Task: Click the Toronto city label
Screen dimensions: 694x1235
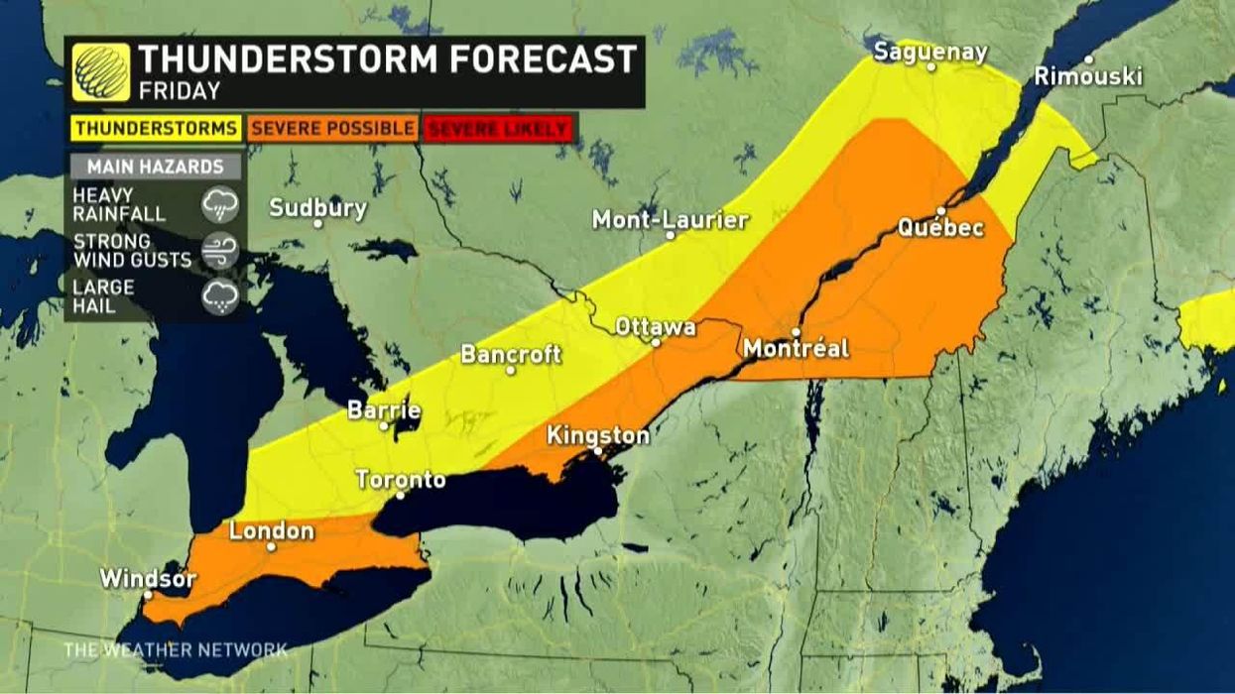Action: point(401,480)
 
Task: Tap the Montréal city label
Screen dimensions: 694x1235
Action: point(796,348)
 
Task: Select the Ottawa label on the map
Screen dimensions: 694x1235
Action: point(656,326)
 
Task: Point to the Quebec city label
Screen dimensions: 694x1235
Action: point(940,227)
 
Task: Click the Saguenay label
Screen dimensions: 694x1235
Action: point(930,53)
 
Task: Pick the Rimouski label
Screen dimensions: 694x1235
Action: point(1088,75)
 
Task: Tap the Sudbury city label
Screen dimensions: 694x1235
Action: point(317,208)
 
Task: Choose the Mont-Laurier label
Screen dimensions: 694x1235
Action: point(670,219)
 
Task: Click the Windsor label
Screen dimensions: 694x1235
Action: point(148,578)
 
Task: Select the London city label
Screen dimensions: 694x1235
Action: point(271,530)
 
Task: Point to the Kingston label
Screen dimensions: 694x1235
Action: point(598,435)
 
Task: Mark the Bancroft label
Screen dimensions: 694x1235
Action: point(511,354)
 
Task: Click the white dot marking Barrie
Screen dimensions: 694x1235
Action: point(385,425)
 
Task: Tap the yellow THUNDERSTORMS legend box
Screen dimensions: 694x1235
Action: point(156,128)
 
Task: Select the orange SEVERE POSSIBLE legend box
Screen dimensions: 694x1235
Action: point(332,128)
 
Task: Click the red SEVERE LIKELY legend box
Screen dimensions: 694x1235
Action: point(498,129)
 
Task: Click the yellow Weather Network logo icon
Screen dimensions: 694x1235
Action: point(100,72)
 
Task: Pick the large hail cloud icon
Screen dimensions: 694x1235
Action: point(219,296)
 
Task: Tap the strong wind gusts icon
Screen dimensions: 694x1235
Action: point(219,251)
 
